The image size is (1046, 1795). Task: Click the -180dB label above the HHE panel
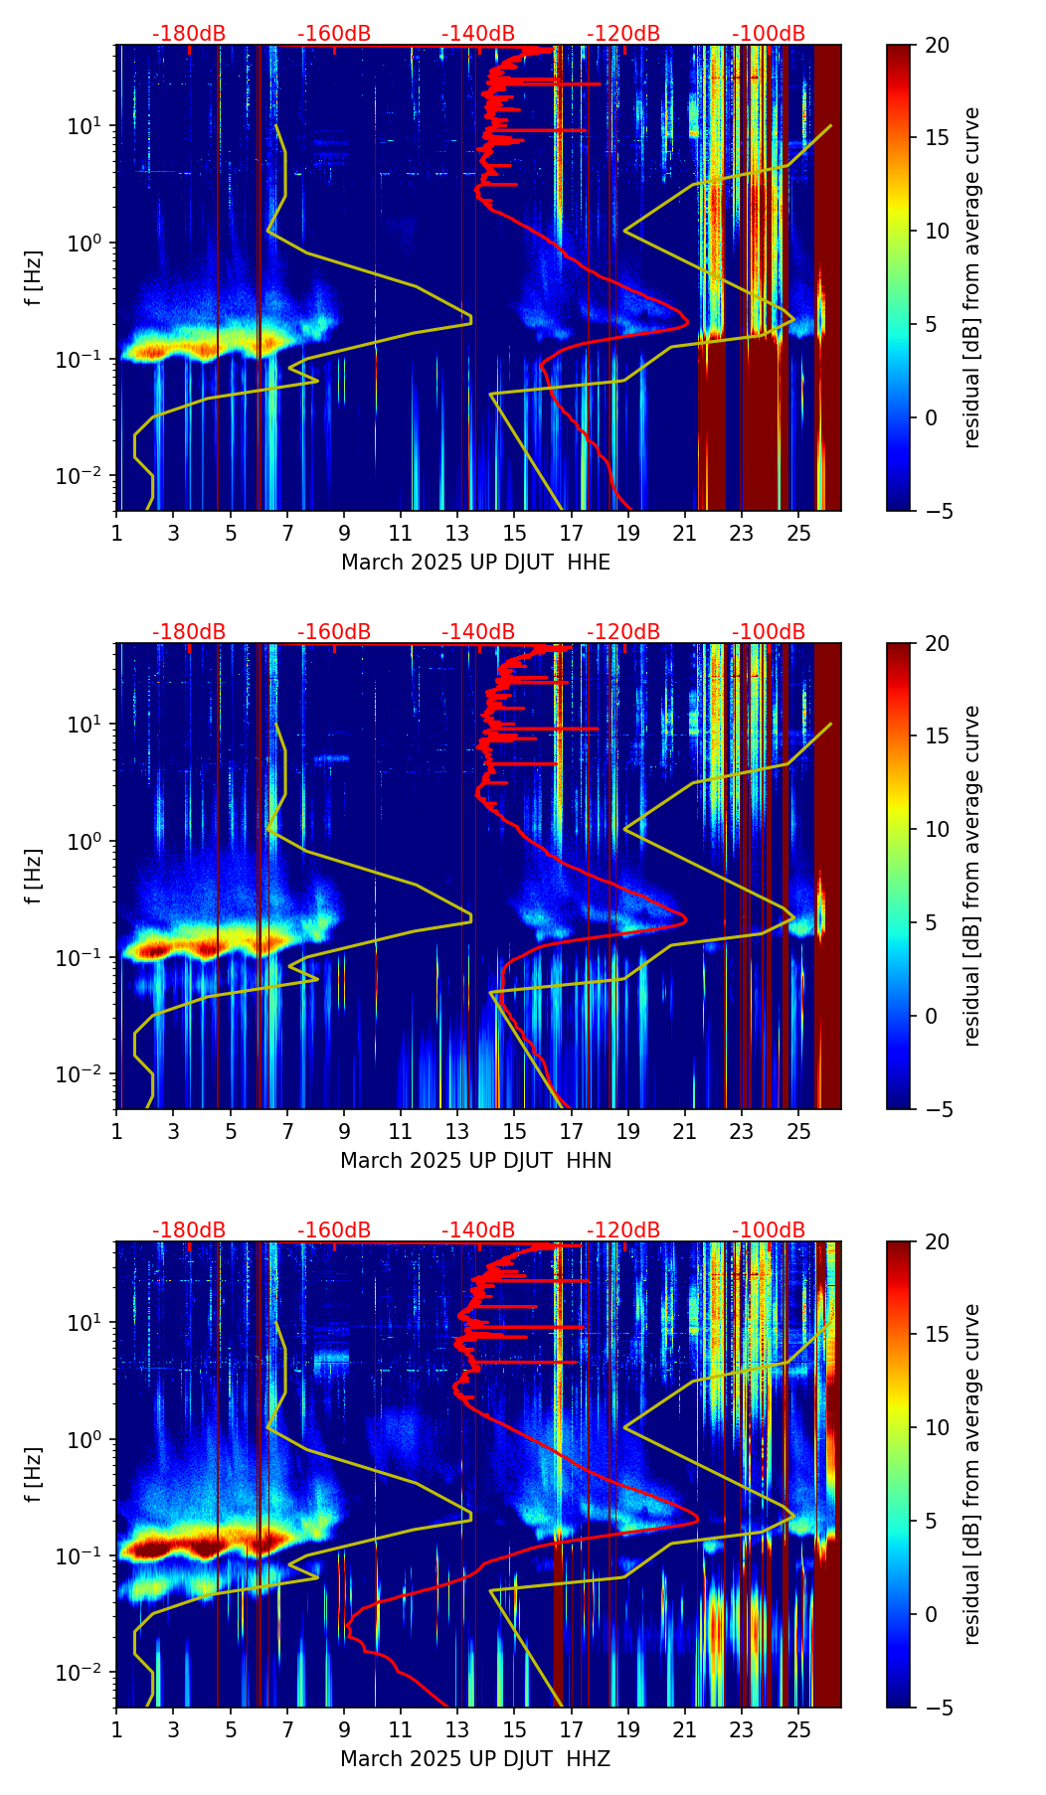[x=189, y=34]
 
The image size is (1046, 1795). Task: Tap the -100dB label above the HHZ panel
[x=769, y=1230]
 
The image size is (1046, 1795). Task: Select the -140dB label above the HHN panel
[x=478, y=632]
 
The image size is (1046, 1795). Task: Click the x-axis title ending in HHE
[x=475, y=563]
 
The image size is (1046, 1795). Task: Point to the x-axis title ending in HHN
[x=475, y=1161]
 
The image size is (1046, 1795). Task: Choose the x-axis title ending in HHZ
[x=475, y=1759]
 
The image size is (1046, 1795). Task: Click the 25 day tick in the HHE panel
[x=799, y=533]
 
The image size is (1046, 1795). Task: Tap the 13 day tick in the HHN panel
[x=458, y=1131]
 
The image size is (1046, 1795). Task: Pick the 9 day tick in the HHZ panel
[x=344, y=1729]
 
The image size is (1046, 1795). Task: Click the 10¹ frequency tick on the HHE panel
[x=94, y=126]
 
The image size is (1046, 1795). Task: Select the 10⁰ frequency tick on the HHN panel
[x=94, y=841]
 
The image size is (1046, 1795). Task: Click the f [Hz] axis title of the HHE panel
[x=34, y=277]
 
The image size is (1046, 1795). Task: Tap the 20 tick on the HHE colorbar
[x=937, y=45]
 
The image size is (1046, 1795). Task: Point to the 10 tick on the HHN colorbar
[x=937, y=829]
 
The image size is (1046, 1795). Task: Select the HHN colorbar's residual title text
[x=972, y=876]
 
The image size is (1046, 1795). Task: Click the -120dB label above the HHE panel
[x=623, y=34]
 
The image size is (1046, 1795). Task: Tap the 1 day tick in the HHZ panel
[x=117, y=1729]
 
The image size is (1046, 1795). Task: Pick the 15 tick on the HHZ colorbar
[x=937, y=1335]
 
